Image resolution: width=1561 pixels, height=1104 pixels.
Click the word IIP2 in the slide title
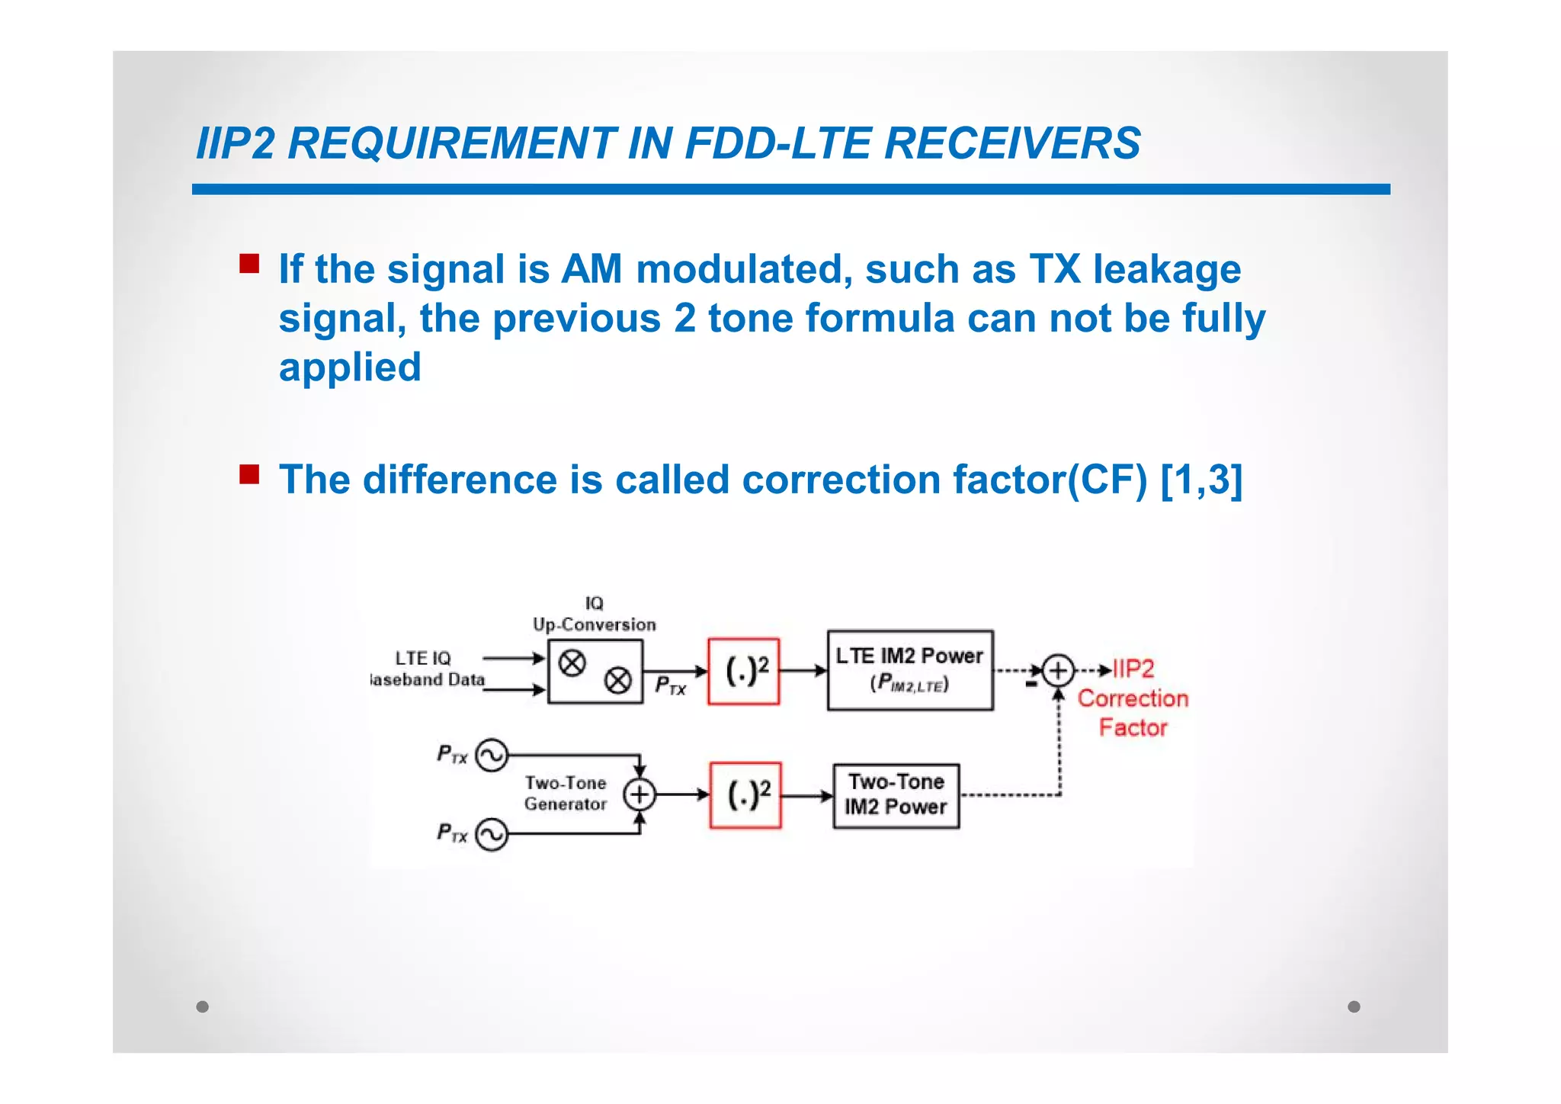(235, 143)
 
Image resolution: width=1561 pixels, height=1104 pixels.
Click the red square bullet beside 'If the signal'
(249, 264)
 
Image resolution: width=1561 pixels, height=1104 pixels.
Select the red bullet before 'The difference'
(249, 474)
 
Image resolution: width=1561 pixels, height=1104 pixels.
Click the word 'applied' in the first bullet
(350, 367)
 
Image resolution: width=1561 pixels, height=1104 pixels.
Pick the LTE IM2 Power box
(910, 670)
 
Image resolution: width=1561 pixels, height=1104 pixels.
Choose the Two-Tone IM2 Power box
(896, 795)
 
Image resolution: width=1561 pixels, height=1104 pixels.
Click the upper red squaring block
(743, 671)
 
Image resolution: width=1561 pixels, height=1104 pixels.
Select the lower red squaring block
(745, 795)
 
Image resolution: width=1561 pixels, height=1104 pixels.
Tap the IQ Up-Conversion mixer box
(595, 672)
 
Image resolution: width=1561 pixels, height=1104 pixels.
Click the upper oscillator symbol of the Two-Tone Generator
(492, 756)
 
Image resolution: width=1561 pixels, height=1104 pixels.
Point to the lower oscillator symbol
(492, 834)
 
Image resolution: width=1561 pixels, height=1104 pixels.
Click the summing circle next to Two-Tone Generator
(639, 794)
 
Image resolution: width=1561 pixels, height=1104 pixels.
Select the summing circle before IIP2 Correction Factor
(1058, 671)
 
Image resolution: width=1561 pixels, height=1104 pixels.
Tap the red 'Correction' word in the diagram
(1133, 698)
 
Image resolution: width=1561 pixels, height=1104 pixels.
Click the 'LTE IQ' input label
(423, 658)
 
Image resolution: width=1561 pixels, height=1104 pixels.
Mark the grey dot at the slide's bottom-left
(202, 1006)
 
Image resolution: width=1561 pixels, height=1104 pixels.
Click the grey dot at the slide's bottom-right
(1354, 1006)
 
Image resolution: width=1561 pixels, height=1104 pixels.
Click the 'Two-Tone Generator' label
(566, 793)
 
